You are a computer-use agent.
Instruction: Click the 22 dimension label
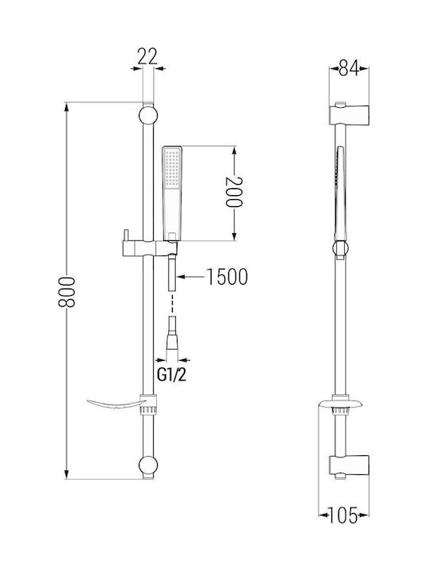[x=147, y=56]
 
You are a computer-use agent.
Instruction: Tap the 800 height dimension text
[x=67, y=292]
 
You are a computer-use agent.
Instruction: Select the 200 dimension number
[x=234, y=192]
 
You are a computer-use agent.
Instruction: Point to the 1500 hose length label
[x=227, y=277]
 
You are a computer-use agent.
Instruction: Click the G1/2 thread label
[x=171, y=375]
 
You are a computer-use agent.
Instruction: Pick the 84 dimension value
[x=348, y=67]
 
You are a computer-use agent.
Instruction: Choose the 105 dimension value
[x=343, y=515]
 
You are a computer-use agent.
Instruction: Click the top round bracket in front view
[x=148, y=115]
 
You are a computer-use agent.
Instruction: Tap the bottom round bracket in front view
[x=148, y=466]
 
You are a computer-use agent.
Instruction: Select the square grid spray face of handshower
[x=171, y=170]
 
